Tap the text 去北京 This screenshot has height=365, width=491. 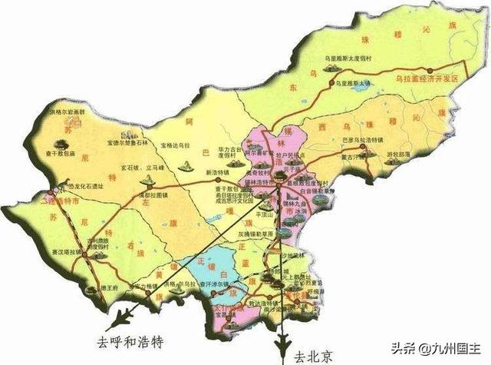tap(315, 356)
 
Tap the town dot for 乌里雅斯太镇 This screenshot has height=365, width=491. tap(331, 81)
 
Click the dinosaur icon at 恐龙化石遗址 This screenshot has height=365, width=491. tap(58, 187)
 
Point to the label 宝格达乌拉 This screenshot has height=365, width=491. tap(176, 144)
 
